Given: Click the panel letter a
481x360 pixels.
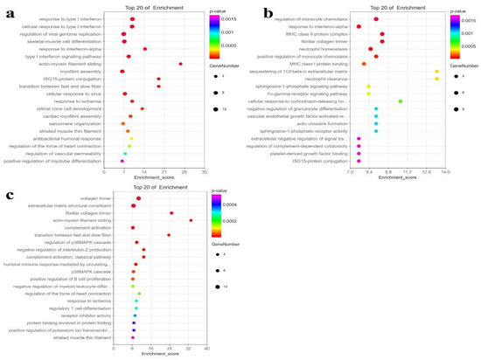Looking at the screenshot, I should pyautogui.click(x=10, y=12).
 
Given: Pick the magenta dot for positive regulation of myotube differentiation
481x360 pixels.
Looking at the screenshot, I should pyautogui.click(x=122, y=162).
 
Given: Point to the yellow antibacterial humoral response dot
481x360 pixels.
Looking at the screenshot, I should pyautogui.click(x=131, y=137).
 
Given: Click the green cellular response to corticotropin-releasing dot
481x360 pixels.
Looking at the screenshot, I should pyautogui.click(x=400, y=101).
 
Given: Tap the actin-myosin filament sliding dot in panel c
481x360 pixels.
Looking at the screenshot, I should pyautogui.click(x=191, y=220).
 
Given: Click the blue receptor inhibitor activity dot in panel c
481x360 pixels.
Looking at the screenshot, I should pyautogui.click(x=135, y=315).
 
